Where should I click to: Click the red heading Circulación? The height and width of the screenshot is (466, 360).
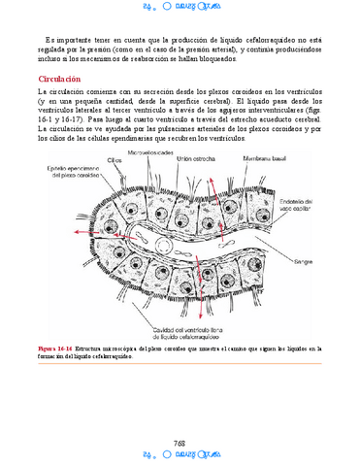click(59, 79)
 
